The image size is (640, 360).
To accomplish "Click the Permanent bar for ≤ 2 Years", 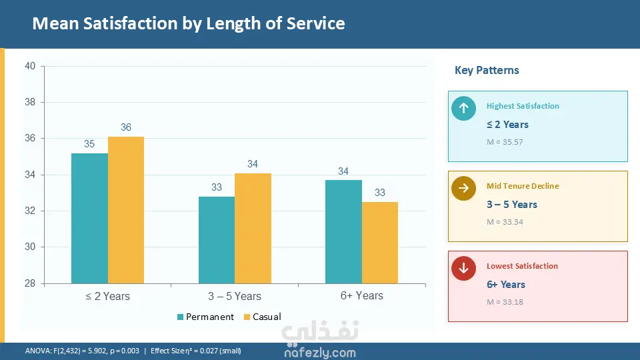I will [x=89, y=218].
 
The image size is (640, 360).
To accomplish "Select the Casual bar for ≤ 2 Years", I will [x=126, y=210].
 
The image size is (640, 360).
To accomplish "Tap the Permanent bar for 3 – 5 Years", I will [x=217, y=240].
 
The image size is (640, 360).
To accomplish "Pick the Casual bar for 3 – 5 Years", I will [x=253, y=228].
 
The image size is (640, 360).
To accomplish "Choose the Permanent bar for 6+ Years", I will [x=343, y=231].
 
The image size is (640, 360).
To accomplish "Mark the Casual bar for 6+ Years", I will [x=380, y=243].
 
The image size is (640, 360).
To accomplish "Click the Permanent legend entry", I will [x=205, y=317].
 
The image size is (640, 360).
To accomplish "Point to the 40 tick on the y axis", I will [x=31, y=66].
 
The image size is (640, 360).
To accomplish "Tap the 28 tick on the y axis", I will [x=31, y=283].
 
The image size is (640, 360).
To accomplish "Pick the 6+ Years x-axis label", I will [x=361, y=295].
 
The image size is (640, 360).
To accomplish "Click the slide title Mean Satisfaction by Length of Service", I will [x=189, y=24].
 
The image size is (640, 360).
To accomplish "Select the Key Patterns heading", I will [x=487, y=70].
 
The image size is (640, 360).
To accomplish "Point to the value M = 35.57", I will [x=505, y=142].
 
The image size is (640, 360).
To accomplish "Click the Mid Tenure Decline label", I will [x=523, y=186].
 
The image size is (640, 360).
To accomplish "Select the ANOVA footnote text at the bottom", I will [x=133, y=351].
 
